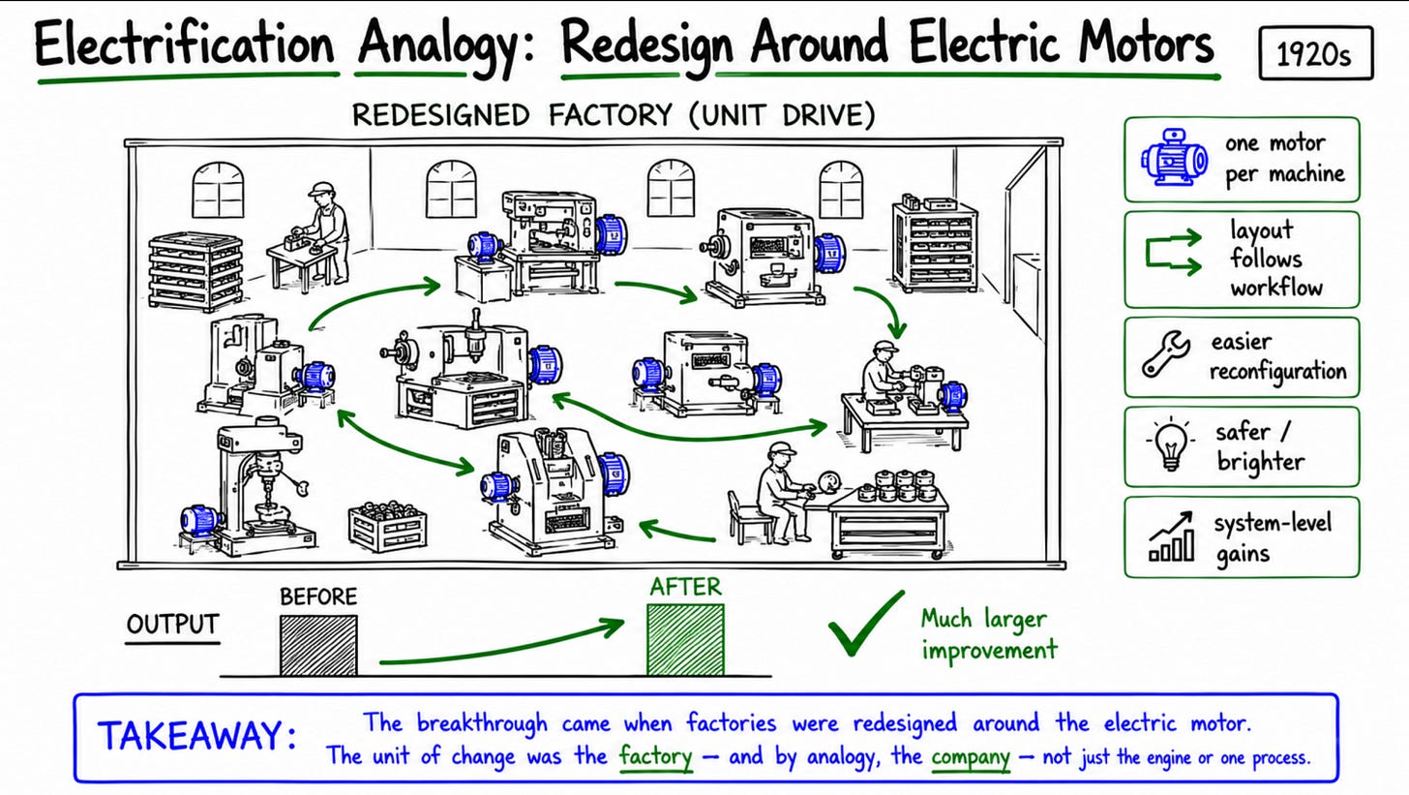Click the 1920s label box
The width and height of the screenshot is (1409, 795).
click(1316, 53)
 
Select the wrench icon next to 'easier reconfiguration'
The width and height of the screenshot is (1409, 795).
click(1166, 354)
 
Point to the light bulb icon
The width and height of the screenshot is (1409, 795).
click(1170, 444)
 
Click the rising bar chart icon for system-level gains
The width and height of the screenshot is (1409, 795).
click(1171, 536)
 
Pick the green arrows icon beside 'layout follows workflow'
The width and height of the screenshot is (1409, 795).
click(1173, 253)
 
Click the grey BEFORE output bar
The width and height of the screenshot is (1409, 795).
click(318, 645)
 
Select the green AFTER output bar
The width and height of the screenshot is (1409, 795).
click(685, 639)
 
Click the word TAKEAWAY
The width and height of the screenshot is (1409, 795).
click(196, 735)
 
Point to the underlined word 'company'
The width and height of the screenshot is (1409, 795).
click(971, 756)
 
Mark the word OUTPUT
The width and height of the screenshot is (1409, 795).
click(172, 625)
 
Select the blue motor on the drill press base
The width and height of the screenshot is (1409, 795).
click(201, 520)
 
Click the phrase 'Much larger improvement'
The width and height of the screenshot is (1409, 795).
click(989, 634)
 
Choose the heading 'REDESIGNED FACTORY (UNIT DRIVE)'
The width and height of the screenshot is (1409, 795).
click(614, 115)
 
